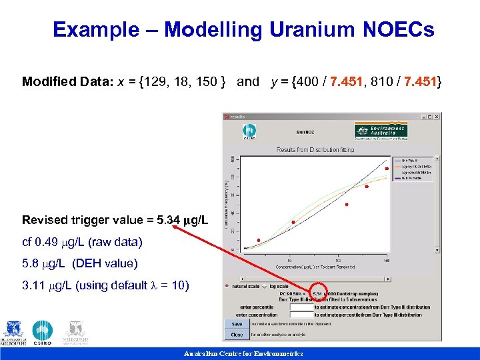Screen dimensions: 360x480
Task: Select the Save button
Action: coord(237,323)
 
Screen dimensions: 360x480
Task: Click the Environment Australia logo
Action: coord(381,130)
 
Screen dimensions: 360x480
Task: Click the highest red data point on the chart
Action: coord(387,169)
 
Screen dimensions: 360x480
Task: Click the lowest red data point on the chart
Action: coord(259,240)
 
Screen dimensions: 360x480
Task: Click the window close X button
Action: coord(437,117)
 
